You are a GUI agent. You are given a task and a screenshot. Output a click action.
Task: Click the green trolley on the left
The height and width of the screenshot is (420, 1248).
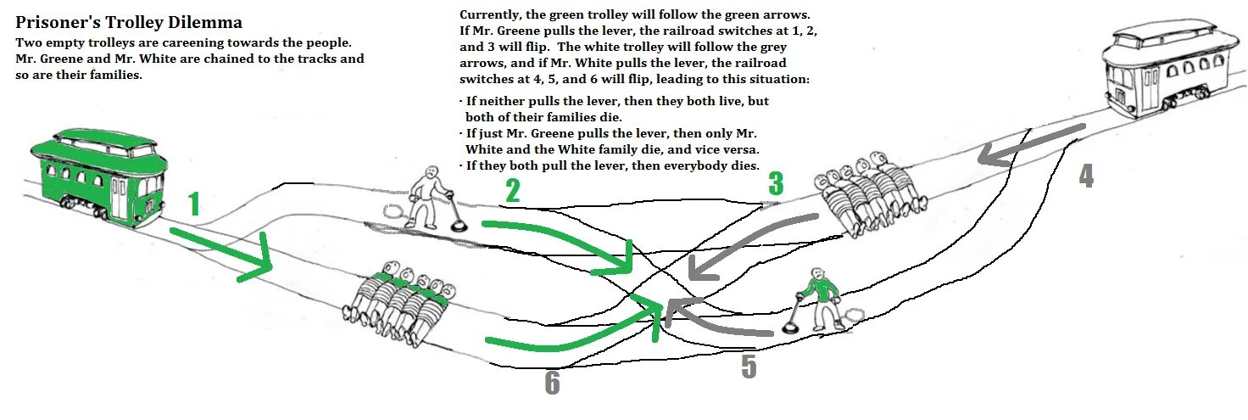click(x=93, y=177)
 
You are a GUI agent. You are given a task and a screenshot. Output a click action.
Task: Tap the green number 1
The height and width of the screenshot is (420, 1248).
click(x=194, y=204)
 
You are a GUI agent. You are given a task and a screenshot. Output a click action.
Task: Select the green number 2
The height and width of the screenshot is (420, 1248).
click(x=512, y=192)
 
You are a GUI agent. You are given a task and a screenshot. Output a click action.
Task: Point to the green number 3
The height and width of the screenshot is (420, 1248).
click(x=775, y=184)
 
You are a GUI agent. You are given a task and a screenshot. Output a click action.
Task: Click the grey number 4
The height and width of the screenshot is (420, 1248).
click(x=1086, y=175)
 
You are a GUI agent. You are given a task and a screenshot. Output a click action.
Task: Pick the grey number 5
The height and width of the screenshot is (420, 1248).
click(x=748, y=366)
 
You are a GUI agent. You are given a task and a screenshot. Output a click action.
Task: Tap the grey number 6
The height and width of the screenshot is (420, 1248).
click(x=552, y=384)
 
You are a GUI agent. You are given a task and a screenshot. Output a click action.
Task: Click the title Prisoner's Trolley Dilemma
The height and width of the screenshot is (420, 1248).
click(x=129, y=22)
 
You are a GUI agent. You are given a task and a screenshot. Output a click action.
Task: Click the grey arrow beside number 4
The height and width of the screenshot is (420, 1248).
click(x=1030, y=145)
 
